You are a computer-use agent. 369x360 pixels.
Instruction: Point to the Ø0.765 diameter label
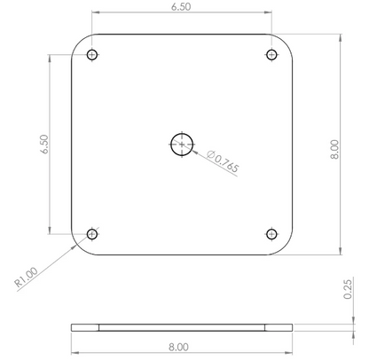[x=223, y=161]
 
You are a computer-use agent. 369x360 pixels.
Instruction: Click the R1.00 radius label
[x=27, y=277]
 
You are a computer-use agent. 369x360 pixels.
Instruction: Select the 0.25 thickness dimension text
[x=348, y=289]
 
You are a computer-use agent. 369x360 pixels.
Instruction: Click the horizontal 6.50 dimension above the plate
[x=181, y=7]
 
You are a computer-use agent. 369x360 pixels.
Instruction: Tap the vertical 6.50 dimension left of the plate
[x=44, y=145]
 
